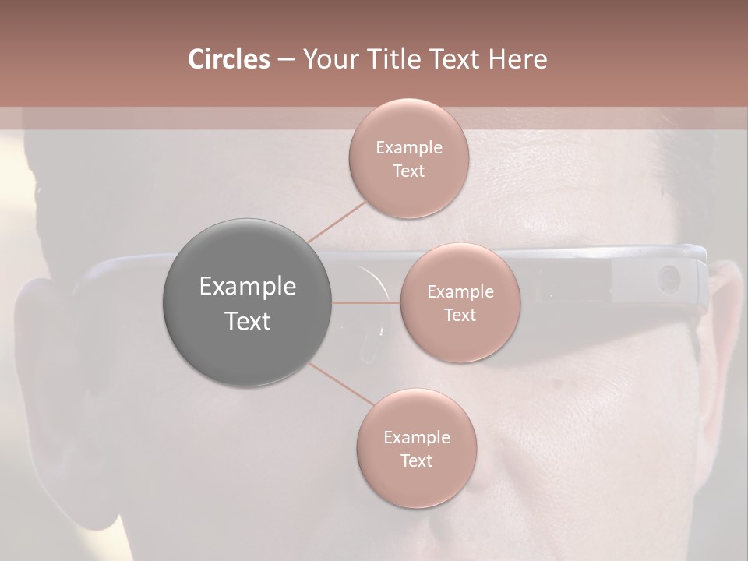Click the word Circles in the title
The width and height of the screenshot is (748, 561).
coord(228,59)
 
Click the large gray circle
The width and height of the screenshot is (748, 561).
coord(248,302)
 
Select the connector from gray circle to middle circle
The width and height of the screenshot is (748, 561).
coord(366,302)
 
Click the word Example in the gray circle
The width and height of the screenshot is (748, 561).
coord(248,287)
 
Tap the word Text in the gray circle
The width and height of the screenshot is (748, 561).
coord(248,321)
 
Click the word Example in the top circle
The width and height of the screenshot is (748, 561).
coord(409,148)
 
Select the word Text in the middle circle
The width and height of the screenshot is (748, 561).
coord(460,316)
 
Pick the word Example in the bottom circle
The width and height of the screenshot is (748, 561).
coord(416,438)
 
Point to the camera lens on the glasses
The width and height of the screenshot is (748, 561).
coord(669,277)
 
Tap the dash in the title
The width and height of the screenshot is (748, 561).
coord(285,59)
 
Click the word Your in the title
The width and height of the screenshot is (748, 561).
coord(328,59)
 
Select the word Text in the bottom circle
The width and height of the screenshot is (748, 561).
coord(416,461)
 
